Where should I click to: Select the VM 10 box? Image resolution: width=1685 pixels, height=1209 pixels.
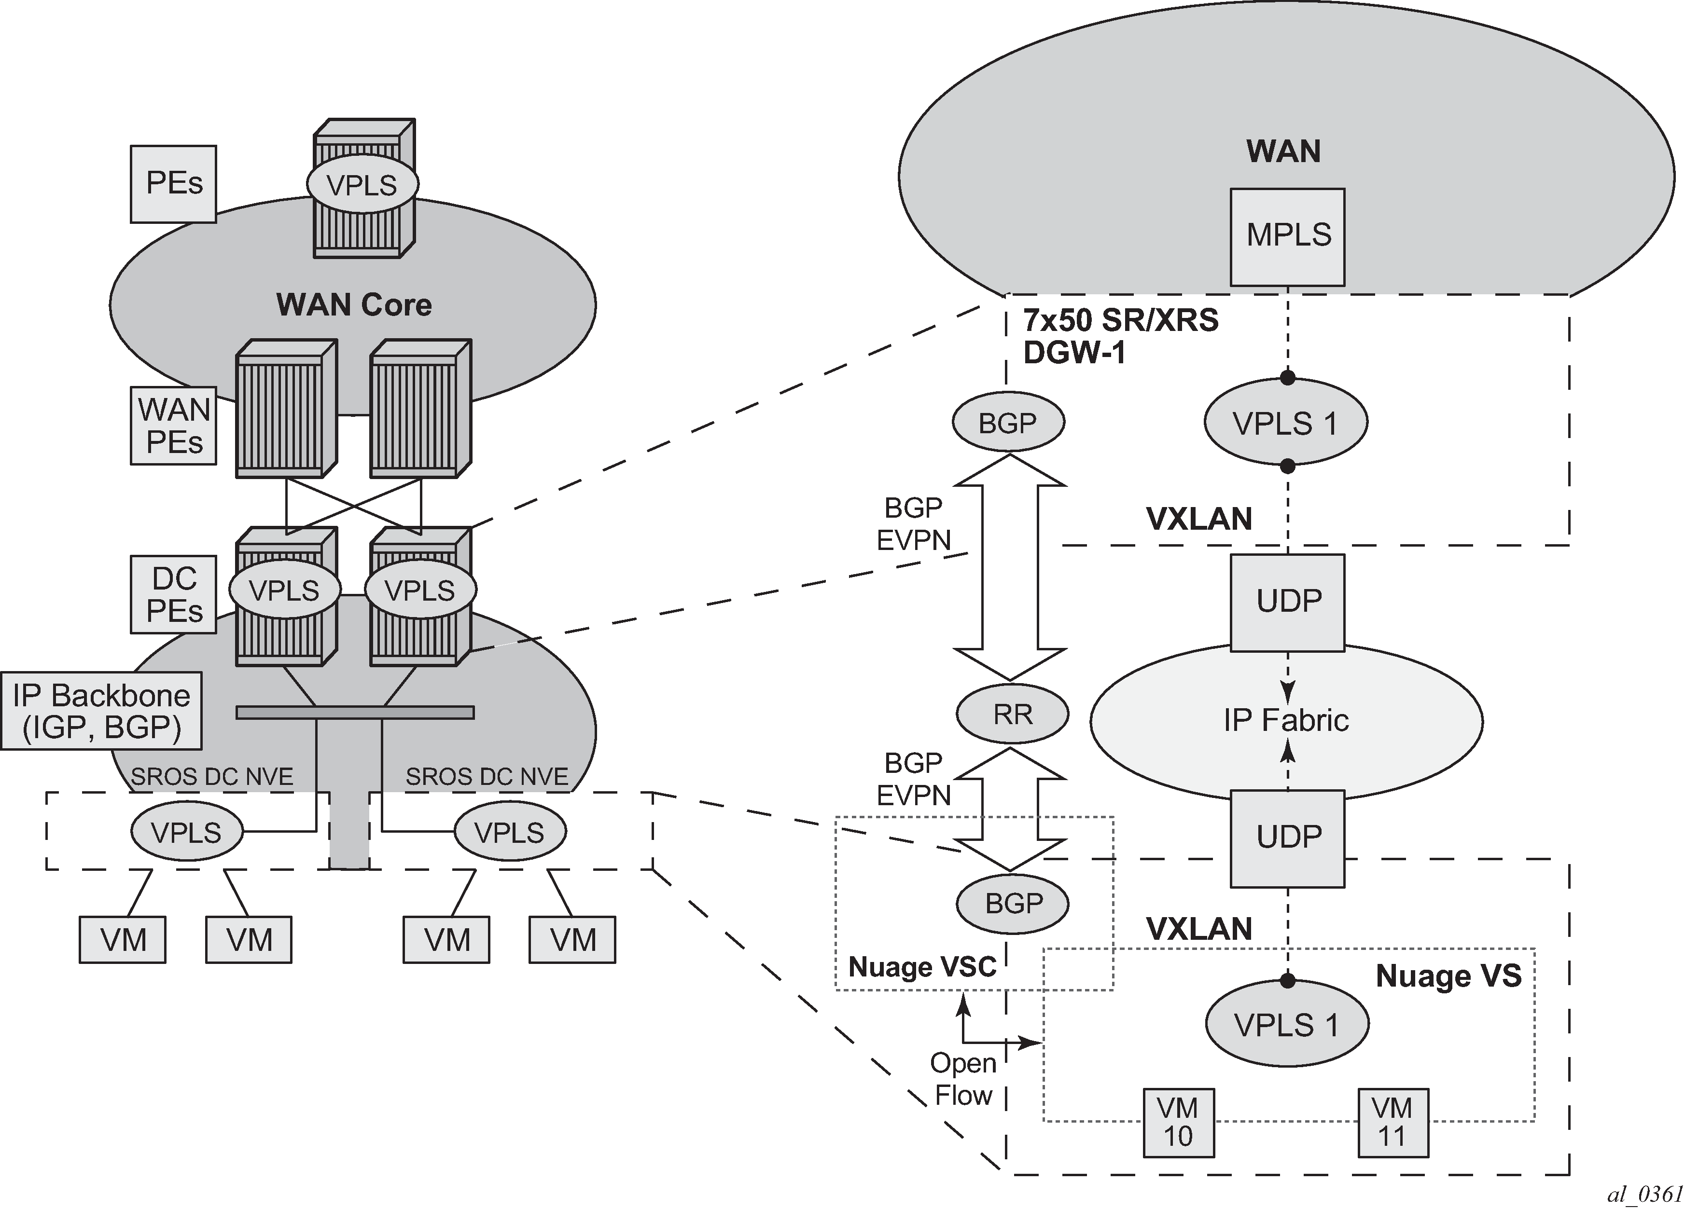point(1178,1123)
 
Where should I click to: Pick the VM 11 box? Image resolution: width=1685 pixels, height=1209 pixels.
point(1393,1123)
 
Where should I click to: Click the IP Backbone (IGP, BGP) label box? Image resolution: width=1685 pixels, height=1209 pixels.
point(101,711)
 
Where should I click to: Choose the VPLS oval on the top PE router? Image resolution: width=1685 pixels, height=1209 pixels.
point(362,184)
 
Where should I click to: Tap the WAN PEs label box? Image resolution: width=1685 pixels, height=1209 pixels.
point(173,426)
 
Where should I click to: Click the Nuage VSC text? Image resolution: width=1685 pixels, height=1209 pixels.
point(922,967)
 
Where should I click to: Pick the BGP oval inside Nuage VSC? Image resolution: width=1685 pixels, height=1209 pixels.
point(1012,903)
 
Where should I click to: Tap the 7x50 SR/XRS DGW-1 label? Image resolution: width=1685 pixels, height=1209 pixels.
point(1120,336)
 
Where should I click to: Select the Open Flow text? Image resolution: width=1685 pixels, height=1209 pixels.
point(963,1079)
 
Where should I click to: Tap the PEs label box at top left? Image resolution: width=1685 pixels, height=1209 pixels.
point(173,183)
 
